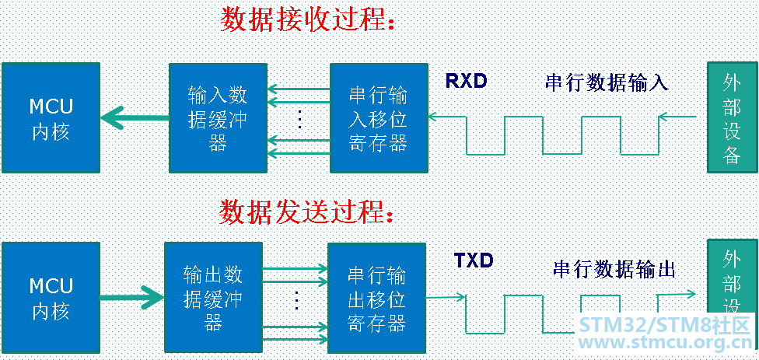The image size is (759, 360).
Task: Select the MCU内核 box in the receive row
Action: point(51,118)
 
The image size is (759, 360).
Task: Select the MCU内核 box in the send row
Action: point(51,298)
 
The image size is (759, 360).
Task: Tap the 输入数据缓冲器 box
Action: point(218,118)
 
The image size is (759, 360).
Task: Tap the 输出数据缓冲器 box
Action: point(213,298)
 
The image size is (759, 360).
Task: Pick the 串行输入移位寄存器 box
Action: point(379,118)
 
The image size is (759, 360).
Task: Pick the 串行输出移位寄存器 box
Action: point(376,298)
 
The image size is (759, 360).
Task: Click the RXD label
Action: point(467,81)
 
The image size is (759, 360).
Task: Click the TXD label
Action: point(474,260)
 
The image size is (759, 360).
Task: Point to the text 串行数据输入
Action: point(607,82)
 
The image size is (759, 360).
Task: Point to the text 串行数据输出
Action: point(614,269)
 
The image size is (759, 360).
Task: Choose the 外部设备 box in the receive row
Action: point(731,118)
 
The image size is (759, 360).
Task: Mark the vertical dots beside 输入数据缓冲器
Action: point(299,119)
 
